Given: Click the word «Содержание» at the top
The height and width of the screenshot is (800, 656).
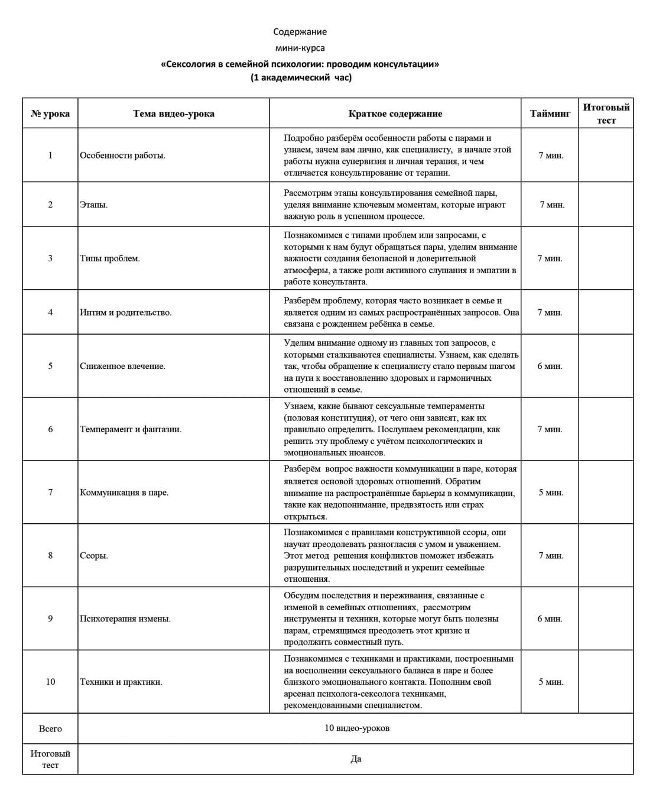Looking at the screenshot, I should coord(300,32).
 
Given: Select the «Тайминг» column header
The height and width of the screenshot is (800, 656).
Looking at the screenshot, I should coord(550,114).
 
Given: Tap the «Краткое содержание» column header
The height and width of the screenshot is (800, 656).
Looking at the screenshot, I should coord(395,114).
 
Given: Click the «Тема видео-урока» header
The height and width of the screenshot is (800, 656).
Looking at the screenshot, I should coord(173,114).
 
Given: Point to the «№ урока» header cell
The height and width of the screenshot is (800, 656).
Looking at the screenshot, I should coord(50,114).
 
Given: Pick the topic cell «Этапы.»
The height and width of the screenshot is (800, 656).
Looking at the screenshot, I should coord(94,205).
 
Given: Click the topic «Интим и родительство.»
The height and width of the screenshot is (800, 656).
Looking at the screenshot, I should coord(126,312).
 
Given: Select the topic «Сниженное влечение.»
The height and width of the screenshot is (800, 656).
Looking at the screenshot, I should coord(123,366).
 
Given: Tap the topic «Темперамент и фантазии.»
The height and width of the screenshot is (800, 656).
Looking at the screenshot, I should coord(131,429).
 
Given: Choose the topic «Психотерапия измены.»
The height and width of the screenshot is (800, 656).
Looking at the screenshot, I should coord(125,618).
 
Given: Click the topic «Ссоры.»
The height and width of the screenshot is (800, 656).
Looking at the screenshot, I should coord(94,555).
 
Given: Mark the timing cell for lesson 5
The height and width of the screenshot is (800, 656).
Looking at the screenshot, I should coord(550,366).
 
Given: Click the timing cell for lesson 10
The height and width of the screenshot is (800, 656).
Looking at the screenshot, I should coord(550,682).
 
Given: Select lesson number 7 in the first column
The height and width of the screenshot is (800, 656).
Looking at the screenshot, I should coord(50,492).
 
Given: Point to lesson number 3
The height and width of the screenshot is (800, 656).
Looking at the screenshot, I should coord(50,258).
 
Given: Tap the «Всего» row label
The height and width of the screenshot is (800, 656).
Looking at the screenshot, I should coord(50,728).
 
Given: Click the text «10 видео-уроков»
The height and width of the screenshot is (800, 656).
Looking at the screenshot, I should coord(356,728).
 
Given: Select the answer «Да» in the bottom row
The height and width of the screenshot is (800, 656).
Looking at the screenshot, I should coord(356,759).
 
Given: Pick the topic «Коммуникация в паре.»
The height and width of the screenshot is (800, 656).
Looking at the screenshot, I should coord(124,492).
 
